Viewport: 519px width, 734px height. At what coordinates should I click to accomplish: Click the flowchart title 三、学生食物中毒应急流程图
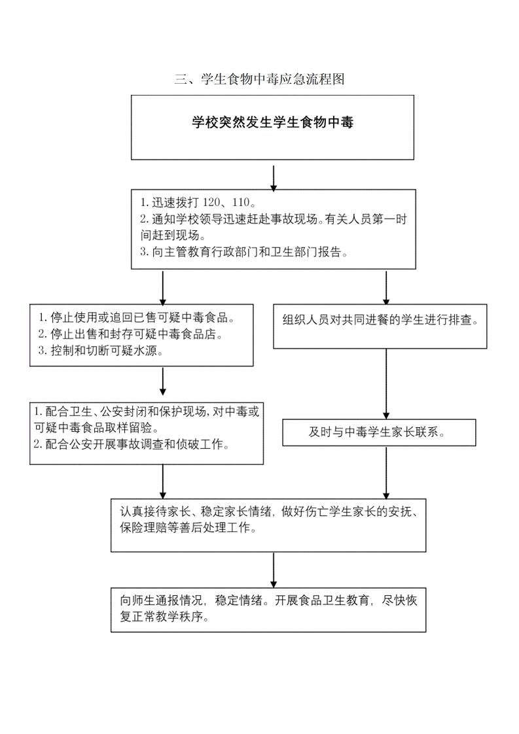259,80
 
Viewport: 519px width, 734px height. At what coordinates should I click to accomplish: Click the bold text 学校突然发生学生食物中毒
272,122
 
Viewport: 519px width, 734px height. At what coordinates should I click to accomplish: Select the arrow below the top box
274,176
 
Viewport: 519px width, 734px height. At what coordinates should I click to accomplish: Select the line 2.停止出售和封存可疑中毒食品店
131,334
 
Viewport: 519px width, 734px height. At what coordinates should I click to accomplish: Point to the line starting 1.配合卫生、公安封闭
147,412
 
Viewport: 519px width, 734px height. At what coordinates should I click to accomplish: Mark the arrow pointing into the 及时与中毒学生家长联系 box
386,383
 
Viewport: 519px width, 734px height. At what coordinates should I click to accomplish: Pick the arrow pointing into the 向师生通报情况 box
274,569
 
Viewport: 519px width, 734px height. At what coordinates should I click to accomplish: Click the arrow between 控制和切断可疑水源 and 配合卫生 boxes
162,383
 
